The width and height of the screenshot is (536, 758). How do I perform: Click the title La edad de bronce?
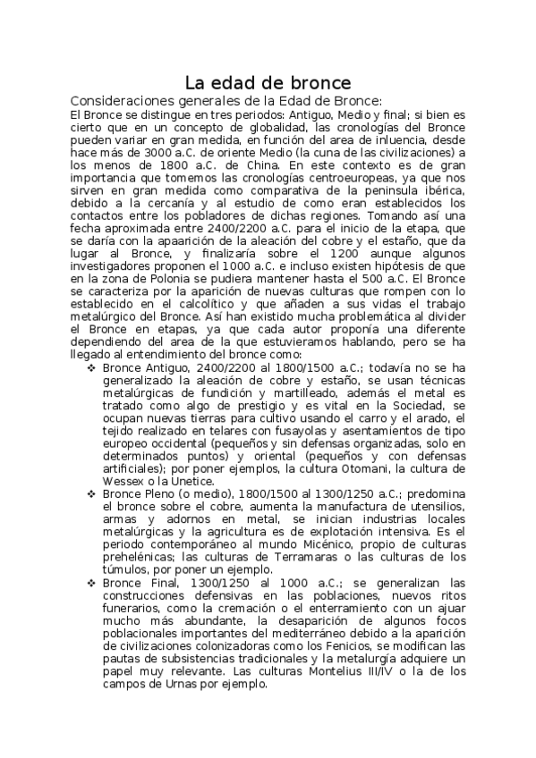pyautogui.click(x=268, y=83)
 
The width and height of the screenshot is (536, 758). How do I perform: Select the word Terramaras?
pyautogui.click(x=265, y=557)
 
